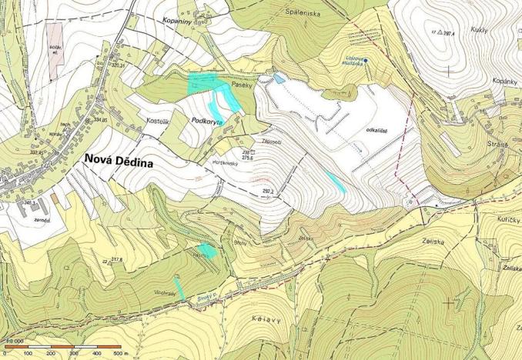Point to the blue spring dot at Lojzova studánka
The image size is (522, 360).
[x=366, y=60]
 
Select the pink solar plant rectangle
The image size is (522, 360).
[x=54, y=49]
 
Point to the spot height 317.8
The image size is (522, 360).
[x=116, y=260]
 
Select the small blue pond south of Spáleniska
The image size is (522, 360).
[x=279, y=78]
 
